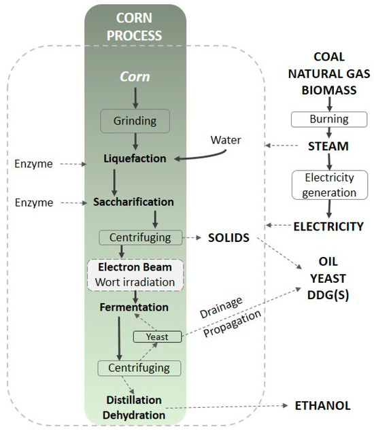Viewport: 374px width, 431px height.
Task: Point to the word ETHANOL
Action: pyautogui.click(x=322, y=406)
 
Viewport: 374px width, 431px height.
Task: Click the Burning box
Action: pyautogui.click(x=330, y=119)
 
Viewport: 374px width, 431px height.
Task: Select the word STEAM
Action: pyautogui.click(x=330, y=145)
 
